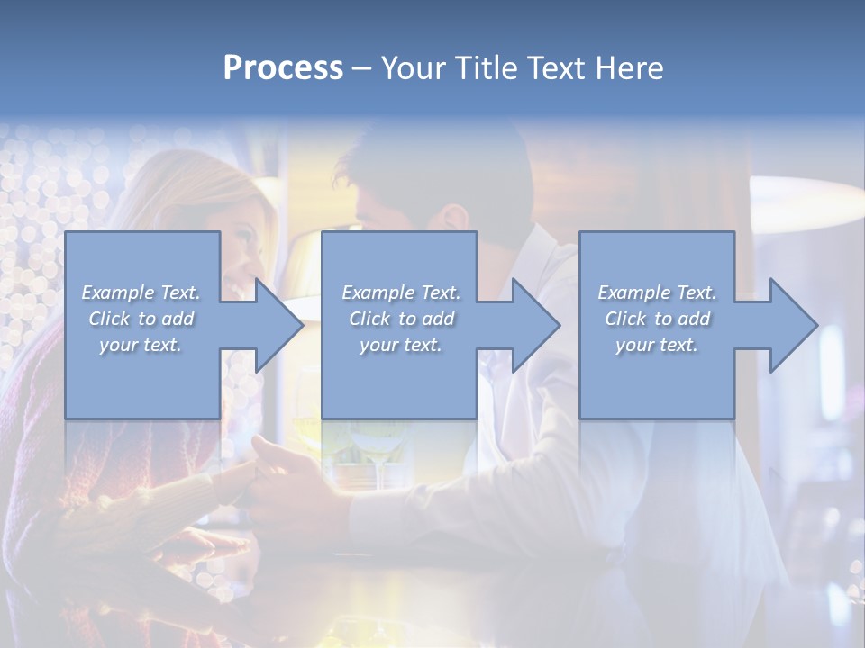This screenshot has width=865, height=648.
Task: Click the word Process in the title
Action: point(283,68)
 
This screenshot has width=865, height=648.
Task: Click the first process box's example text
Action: point(141,319)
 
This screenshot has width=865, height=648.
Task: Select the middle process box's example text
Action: point(400,319)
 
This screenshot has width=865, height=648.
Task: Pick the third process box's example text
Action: point(657,319)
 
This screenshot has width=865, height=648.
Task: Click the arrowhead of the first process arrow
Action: point(278,325)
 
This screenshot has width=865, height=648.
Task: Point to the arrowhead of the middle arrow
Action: point(535,325)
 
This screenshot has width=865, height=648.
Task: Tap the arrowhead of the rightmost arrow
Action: point(793,325)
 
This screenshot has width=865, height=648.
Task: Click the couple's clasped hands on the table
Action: point(261,477)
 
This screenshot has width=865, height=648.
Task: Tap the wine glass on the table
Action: point(374,450)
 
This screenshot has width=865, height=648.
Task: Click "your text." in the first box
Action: point(141,345)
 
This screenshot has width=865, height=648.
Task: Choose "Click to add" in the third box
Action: point(657,319)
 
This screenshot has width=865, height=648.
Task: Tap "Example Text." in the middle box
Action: point(400,292)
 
